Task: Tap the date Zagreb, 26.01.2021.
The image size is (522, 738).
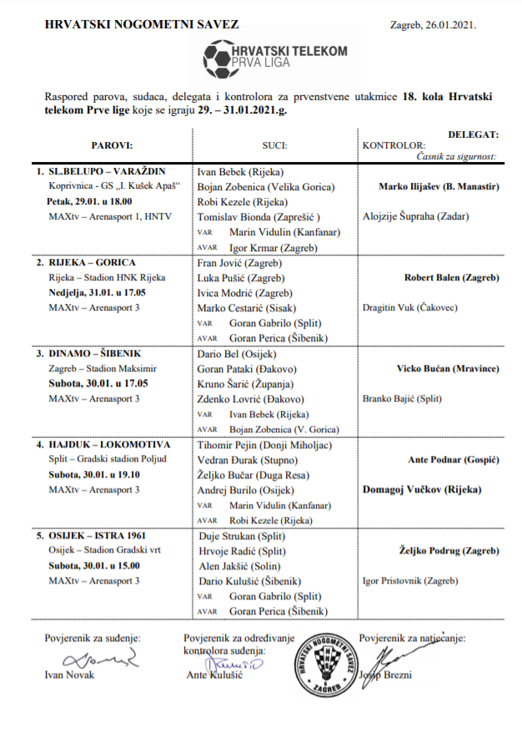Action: click(434, 26)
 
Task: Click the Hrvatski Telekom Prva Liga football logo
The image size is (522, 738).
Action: click(275, 57)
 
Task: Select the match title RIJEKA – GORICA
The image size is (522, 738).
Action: click(91, 262)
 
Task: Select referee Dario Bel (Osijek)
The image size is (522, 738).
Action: click(238, 353)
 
